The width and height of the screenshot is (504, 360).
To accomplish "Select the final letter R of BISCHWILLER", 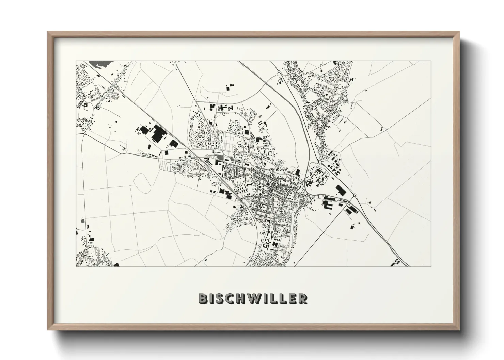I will tap(303, 299).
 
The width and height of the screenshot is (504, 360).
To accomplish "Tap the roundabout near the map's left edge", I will tap(84, 134).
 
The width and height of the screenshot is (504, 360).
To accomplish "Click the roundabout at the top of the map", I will tap(279, 72).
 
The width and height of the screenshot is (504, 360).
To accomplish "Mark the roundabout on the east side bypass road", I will tap(355, 196).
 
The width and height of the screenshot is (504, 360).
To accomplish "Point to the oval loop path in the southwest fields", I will tap(143, 182).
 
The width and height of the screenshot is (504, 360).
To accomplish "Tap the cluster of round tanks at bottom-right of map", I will tap(397, 262).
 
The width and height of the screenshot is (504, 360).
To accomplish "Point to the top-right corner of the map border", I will tap(430, 61).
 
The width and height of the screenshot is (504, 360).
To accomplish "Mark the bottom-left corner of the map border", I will tap(76, 266).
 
